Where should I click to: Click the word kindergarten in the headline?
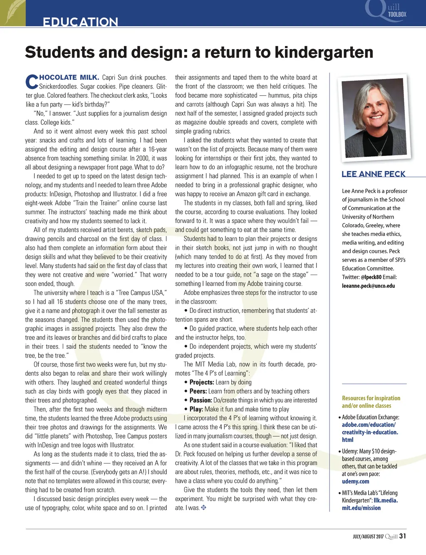point(324,52)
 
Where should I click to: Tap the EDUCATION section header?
point(80,22)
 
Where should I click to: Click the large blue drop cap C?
point(32,82)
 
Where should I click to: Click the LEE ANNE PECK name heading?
point(373,174)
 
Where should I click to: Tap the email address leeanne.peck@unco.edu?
point(368,286)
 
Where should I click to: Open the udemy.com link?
point(355,481)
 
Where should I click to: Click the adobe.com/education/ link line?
point(369,425)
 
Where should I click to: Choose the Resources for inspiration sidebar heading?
point(371,398)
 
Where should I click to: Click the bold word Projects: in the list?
point(202,382)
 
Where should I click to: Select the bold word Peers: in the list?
point(198,391)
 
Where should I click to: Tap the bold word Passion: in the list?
point(201,400)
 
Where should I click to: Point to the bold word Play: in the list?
point(196,409)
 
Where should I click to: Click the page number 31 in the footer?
point(402,536)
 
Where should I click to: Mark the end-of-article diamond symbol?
point(203,508)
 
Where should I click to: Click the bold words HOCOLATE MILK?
point(69,77)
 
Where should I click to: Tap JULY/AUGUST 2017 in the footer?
point(368,537)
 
